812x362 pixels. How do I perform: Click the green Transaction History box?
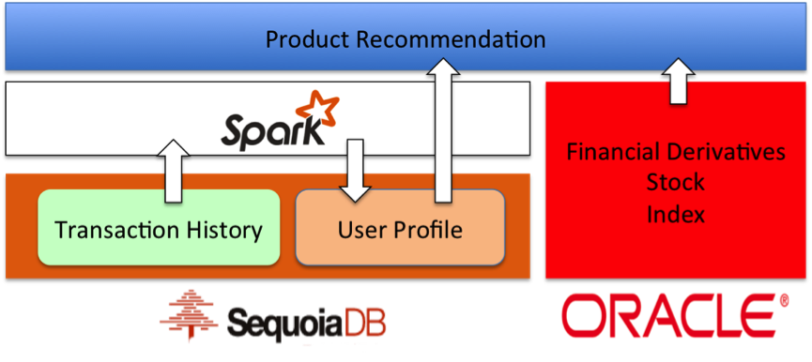pyautogui.click(x=159, y=228)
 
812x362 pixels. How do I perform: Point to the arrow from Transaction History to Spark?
pyautogui.click(x=173, y=172)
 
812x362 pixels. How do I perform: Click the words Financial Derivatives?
pyautogui.click(x=675, y=152)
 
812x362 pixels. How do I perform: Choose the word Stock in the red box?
pyautogui.click(x=675, y=182)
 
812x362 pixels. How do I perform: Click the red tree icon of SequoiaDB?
pyautogui.click(x=191, y=316)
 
